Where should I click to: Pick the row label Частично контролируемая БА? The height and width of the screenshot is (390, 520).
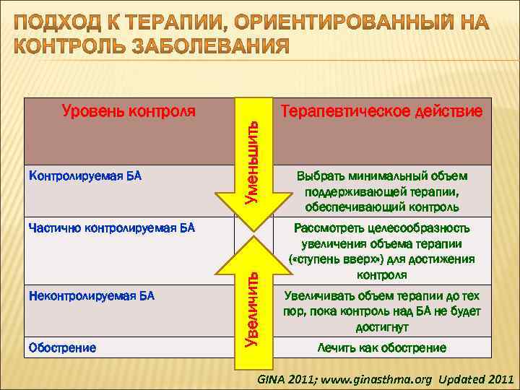click(x=110, y=229)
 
